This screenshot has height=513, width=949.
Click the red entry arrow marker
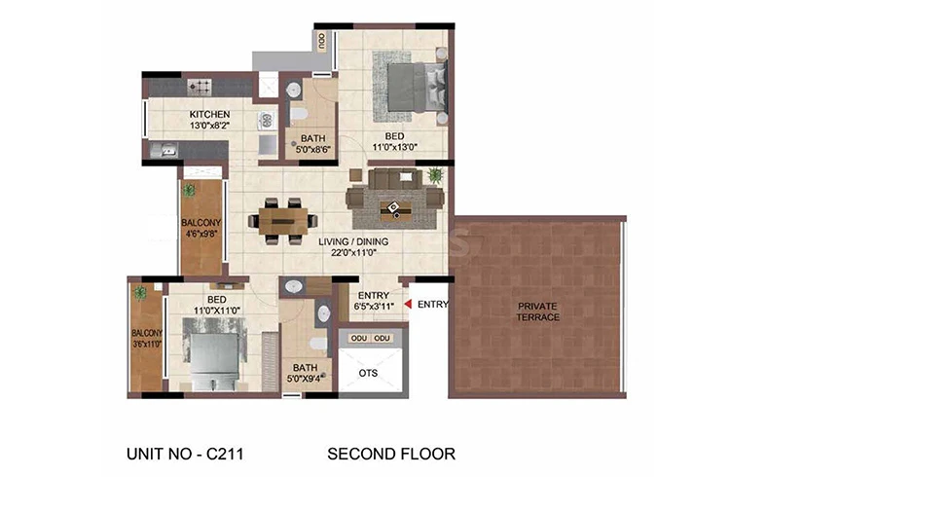pos(408,304)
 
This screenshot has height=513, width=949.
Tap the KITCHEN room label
pos(209,114)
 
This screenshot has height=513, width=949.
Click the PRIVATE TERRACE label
pos(537,311)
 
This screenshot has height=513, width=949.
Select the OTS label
pos(368,373)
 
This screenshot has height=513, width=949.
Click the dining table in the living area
pos(282,221)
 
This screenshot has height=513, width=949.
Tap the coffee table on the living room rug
pos(394,209)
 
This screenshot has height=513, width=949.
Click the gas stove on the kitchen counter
pos(200,87)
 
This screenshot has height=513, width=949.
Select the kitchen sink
pos(163,150)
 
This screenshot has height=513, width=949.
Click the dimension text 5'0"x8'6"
pos(312,150)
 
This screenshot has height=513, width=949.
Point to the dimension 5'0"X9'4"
pos(305,379)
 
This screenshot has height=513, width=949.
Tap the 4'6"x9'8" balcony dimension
pos(201,234)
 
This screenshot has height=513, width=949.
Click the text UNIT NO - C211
pos(185,454)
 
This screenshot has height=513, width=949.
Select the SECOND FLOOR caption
pos(391,454)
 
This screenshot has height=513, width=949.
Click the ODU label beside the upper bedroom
pos(321,41)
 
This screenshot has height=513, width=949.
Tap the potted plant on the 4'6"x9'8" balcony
pos(190,191)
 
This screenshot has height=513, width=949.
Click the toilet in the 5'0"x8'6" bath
pos(299,114)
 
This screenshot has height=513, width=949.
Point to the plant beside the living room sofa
pos(434,175)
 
